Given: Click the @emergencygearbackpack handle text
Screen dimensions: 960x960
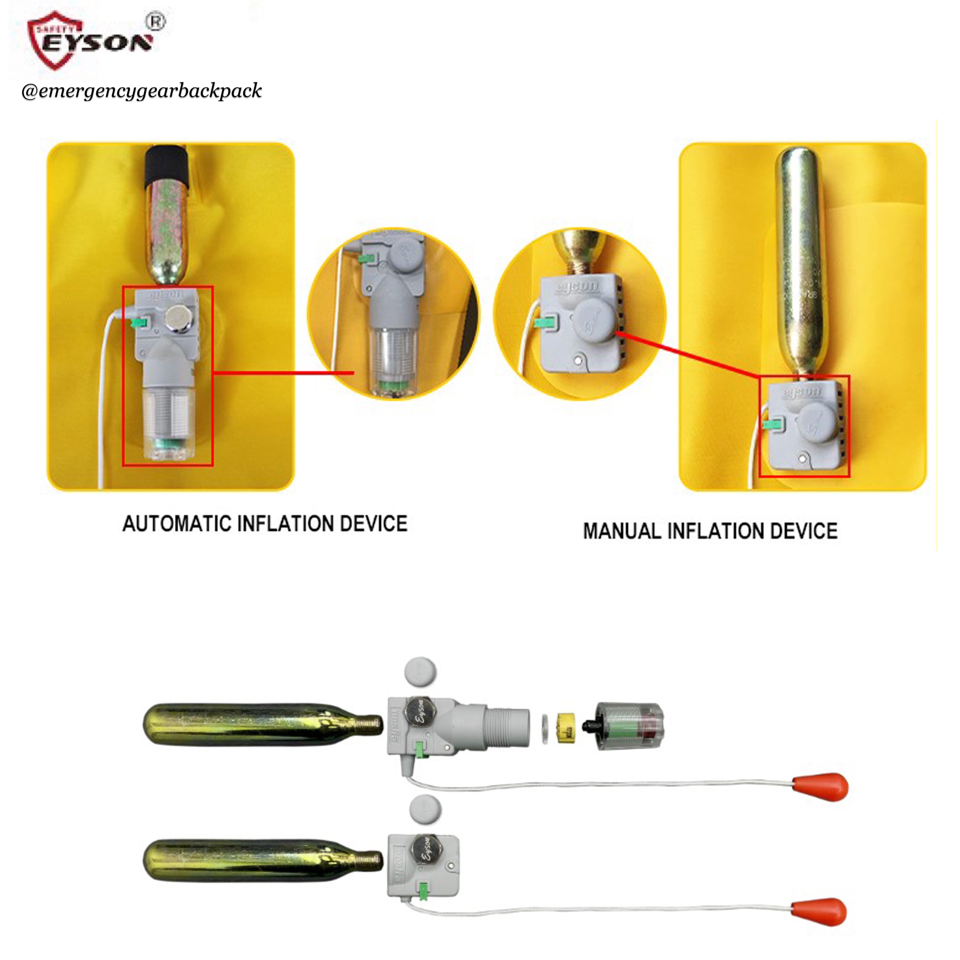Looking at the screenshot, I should point(141,91).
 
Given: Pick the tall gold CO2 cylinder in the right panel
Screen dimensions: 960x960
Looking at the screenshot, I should point(801,259).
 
